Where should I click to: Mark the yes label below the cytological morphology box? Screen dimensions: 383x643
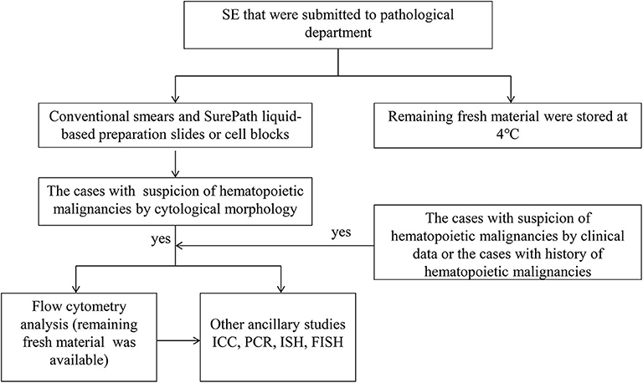[158, 239]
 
